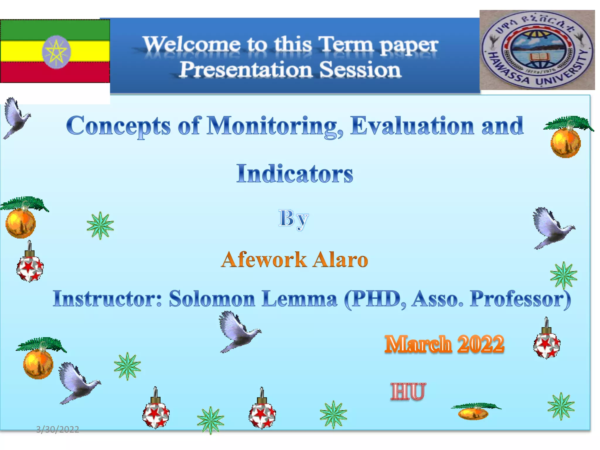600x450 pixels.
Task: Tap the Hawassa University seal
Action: pyautogui.click(x=537, y=50)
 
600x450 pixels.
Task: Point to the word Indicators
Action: pyautogui.click(x=294, y=174)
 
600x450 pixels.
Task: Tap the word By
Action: pyautogui.click(x=293, y=219)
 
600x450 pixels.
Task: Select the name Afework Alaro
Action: pyautogui.click(x=294, y=260)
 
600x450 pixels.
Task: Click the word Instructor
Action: pyautogui.click(x=107, y=299)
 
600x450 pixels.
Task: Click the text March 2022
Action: pyautogui.click(x=444, y=344)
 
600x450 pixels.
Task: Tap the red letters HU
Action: pyautogui.click(x=408, y=391)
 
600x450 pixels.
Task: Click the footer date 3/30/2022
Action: pyautogui.click(x=57, y=429)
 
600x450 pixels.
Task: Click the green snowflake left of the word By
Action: pyautogui.click(x=100, y=226)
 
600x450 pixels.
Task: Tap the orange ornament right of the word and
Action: pyautogui.click(x=566, y=142)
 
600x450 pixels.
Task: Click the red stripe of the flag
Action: pyautogui.click(x=55, y=72)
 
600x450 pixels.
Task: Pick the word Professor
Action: pyautogui.click(x=520, y=299)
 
